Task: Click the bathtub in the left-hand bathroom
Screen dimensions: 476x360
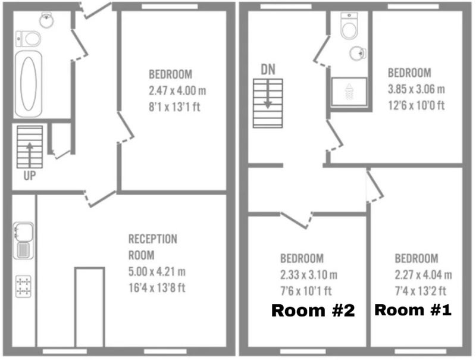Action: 28,84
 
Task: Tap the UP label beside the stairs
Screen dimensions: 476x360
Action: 29,176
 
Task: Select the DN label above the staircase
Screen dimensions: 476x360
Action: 268,70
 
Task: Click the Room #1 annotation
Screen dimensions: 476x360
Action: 413,310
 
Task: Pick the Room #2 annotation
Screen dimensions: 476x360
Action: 313,311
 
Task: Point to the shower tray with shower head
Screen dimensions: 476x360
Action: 349,92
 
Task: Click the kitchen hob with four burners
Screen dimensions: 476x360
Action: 23,287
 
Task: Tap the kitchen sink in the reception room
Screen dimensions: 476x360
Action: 23,241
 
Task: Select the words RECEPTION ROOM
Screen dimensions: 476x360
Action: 153,247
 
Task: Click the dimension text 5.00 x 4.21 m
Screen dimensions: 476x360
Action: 157,272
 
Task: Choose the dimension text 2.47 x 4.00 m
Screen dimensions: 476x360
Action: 177,90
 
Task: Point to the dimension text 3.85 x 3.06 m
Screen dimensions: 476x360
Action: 416,89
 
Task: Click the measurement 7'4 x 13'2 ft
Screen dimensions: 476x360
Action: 421,291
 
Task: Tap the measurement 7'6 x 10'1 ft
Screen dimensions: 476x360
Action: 306,291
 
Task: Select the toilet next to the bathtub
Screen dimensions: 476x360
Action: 28,39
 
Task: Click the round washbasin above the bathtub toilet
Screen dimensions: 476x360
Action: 46,20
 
